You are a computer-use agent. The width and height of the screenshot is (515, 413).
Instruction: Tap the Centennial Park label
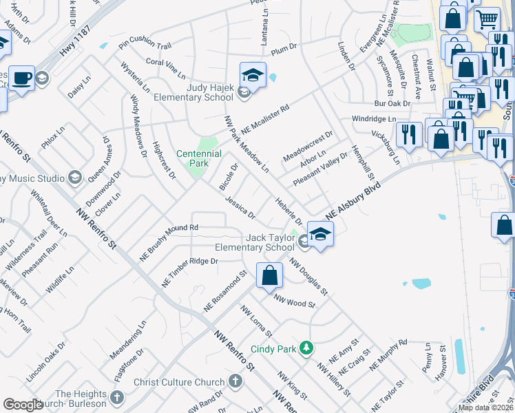(x=199, y=158)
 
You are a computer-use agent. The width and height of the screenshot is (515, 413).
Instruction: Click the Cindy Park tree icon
(x=305, y=349)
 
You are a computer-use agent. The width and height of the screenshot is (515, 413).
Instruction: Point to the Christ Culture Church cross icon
(x=235, y=381)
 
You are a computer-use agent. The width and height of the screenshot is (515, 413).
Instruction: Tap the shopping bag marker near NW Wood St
(x=269, y=275)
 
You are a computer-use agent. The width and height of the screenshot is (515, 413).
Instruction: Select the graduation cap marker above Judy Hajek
(x=253, y=75)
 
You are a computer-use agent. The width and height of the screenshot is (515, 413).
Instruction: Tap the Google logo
(x=23, y=405)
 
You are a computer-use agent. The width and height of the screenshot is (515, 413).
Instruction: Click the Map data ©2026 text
(x=485, y=407)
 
